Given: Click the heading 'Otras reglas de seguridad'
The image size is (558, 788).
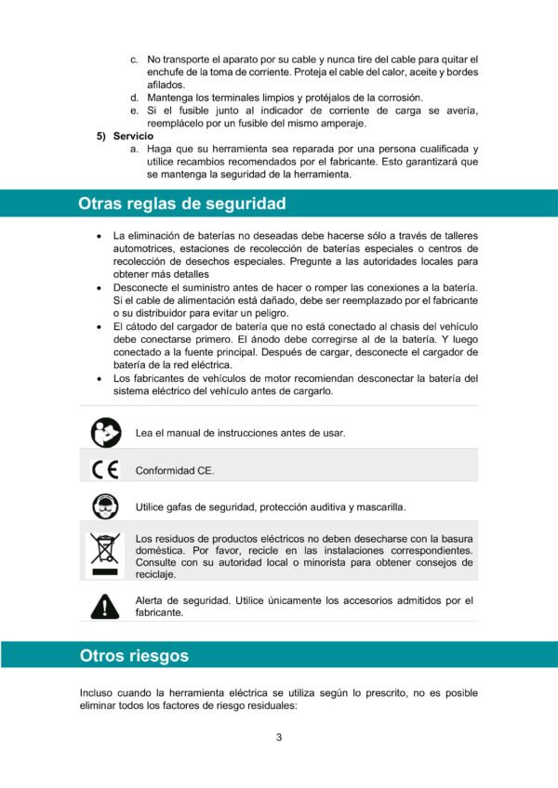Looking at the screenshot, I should click(181, 204).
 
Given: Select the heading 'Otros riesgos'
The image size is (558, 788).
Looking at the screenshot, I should click(134, 656).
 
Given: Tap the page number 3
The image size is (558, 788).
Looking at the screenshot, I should click(279, 738).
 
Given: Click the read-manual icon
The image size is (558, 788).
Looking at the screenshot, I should click(105, 432).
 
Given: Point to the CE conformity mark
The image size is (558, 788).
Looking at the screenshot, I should click(105, 470).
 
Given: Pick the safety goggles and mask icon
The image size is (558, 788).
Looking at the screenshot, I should click(105, 506).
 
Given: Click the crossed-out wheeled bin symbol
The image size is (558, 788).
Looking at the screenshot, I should click(105, 554).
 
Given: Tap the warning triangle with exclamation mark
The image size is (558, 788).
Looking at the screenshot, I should click(105, 607).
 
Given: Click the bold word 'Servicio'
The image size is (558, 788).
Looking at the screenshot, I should click(133, 136).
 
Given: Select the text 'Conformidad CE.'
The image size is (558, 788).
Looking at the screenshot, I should click(175, 470).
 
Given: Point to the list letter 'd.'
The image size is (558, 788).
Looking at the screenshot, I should click(135, 98).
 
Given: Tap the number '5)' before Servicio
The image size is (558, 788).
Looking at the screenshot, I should click(103, 136).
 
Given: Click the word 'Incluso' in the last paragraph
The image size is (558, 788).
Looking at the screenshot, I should click(98, 693).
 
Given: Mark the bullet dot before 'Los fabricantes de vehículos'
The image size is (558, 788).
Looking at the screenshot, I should click(99, 378).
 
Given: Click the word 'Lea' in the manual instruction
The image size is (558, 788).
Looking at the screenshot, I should click(144, 432).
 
